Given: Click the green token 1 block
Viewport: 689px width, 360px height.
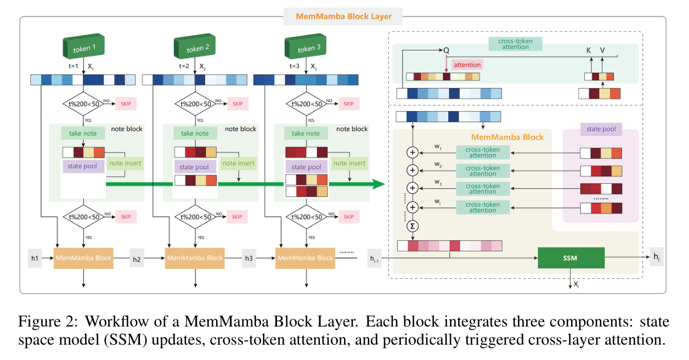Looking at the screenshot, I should [83, 48].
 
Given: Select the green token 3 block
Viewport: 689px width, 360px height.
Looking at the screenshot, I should [306, 48].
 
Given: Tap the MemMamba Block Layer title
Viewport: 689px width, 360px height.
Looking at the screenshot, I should [343, 16].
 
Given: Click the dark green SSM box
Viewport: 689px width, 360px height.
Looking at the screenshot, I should [571, 258].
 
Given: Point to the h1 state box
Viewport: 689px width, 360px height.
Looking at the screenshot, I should [35, 257].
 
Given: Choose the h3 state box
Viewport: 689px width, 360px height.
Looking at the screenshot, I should [249, 257].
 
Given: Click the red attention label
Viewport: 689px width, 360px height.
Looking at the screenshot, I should [467, 65].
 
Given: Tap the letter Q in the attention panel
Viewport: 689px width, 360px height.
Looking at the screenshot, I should [446, 50].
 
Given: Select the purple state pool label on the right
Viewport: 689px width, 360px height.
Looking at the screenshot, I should [600, 130].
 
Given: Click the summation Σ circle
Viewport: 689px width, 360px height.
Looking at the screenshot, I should [411, 226].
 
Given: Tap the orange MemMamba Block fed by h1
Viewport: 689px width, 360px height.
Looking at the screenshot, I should [83, 257].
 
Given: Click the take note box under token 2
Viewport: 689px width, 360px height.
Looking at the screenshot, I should [194, 133].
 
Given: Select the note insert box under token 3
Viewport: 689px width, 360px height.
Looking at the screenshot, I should [349, 163].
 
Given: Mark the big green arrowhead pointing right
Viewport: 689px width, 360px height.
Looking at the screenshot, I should [378, 184].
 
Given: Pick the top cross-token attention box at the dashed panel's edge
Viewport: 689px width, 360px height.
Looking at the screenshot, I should [514, 44].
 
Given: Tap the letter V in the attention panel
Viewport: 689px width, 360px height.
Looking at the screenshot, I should [602, 50].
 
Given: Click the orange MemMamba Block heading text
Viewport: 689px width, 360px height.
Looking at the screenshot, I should [507, 137].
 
